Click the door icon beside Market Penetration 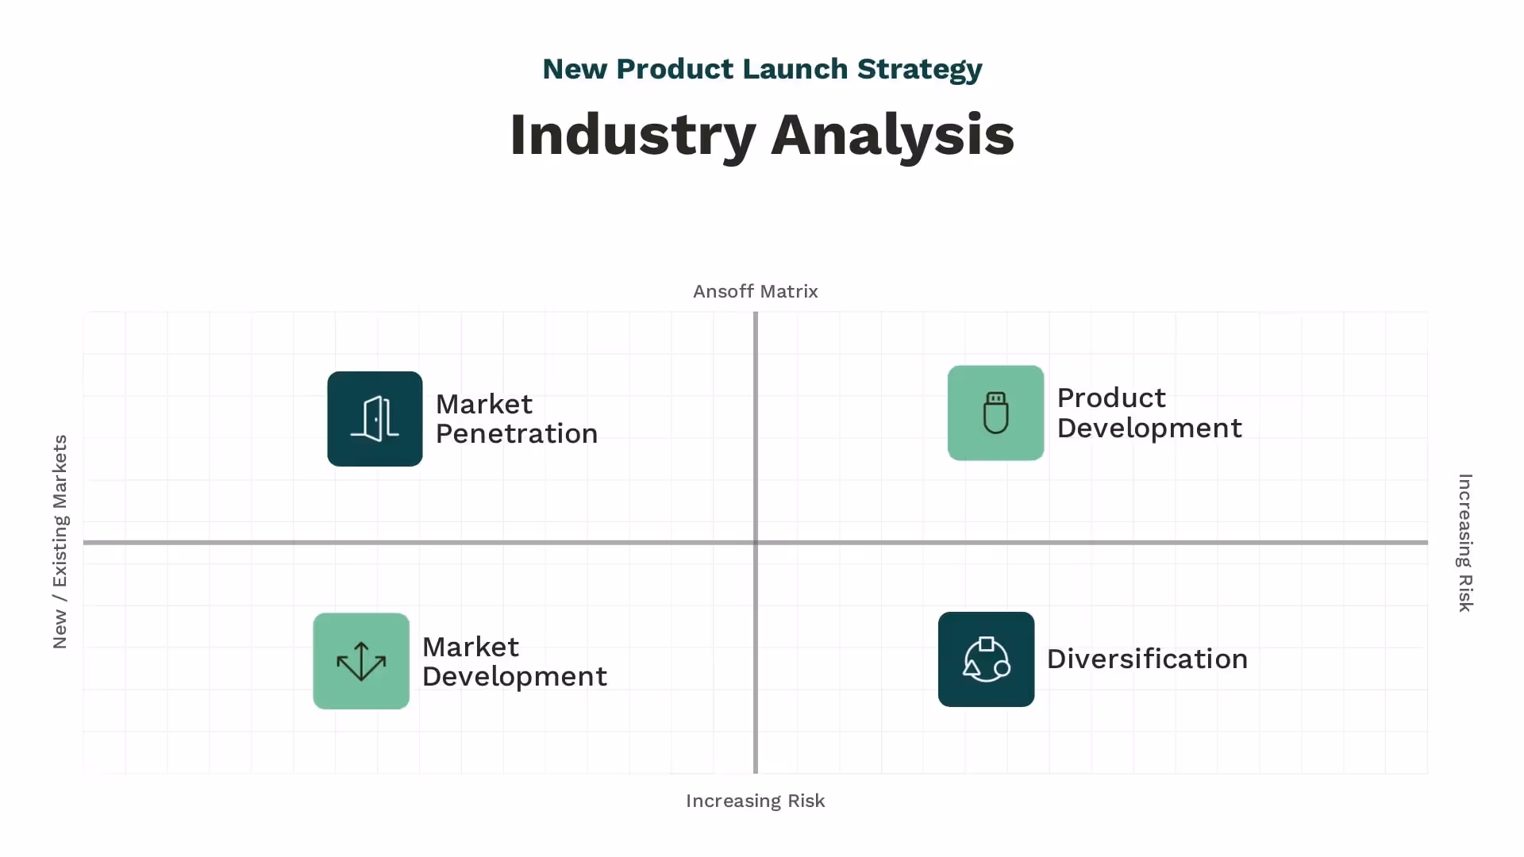point(375,419)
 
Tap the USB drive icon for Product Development point(995,413)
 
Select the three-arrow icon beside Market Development point(361,661)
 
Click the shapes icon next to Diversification point(986,659)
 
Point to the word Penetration point(517,434)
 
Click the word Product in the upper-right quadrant point(1111,398)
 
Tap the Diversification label point(1147,659)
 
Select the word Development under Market point(514,677)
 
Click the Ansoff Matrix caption point(755,291)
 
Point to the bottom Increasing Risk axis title point(755,801)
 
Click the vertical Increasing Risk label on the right point(1465,543)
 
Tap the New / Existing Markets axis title point(60,541)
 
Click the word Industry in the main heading point(632,135)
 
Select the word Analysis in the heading point(892,135)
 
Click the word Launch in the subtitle point(795,69)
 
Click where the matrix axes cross point(756,543)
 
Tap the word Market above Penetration point(484,405)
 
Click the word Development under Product point(1149,428)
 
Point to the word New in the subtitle point(575,69)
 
